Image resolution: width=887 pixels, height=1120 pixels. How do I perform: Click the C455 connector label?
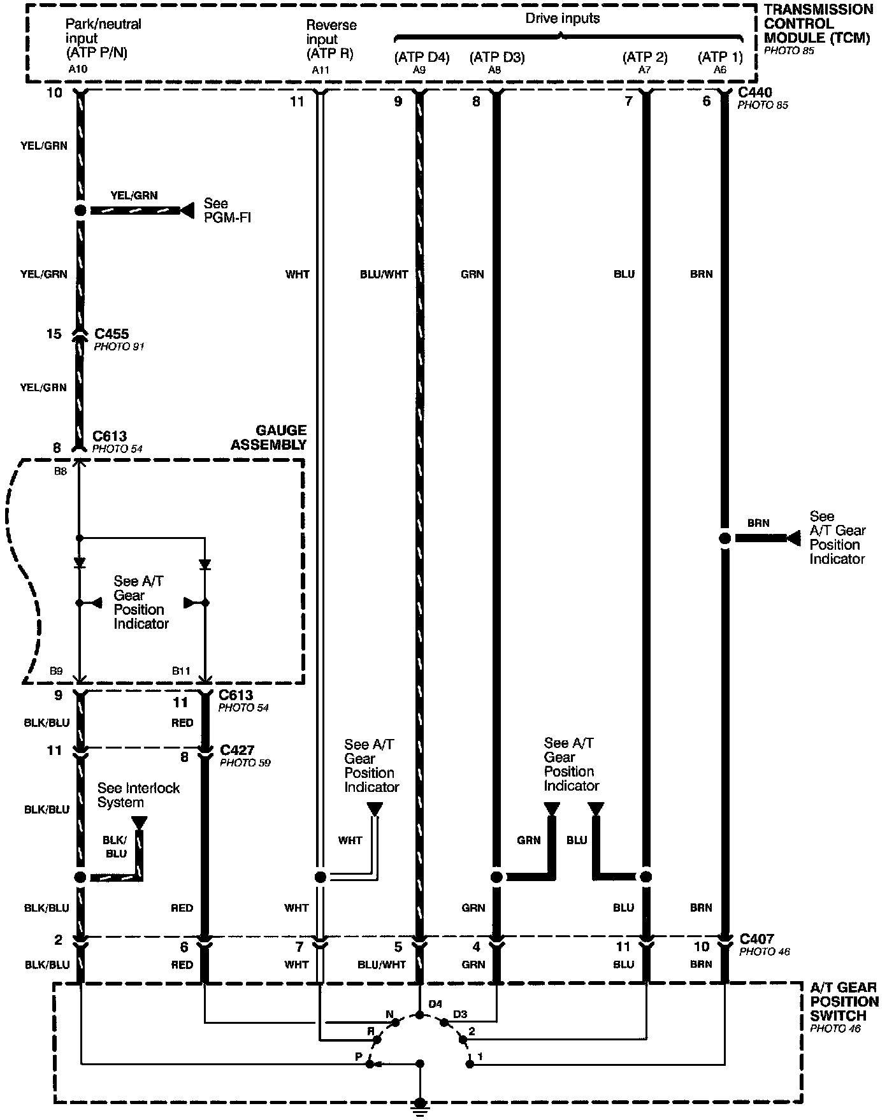(x=112, y=334)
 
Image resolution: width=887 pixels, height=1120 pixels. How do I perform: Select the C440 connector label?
(x=755, y=92)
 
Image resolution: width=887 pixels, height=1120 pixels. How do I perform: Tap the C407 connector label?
(x=757, y=938)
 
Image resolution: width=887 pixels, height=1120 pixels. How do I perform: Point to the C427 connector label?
(x=237, y=750)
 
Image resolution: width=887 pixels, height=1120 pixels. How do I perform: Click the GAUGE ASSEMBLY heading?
(x=268, y=438)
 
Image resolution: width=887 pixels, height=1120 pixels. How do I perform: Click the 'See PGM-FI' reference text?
(x=227, y=210)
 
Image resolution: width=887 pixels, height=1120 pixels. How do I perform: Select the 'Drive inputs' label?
(x=562, y=18)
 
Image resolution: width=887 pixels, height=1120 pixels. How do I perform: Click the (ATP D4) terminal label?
(x=422, y=57)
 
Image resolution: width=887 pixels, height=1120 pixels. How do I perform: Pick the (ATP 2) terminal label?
(x=645, y=57)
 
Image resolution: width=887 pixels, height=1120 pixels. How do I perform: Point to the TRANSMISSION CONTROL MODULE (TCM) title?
(x=818, y=24)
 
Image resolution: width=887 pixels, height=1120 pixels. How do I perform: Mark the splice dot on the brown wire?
(x=725, y=538)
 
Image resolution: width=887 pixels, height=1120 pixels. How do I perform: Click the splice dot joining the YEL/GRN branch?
(x=80, y=210)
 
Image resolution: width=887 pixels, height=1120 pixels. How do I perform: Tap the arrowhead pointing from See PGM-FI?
(x=187, y=210)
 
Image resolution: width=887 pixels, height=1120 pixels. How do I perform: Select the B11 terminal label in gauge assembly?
(x=181, y=671)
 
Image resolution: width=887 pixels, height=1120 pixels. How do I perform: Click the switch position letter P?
(x=359, y=1056)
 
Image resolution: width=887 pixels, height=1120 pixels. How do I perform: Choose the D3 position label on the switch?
(x=460, y=1014)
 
